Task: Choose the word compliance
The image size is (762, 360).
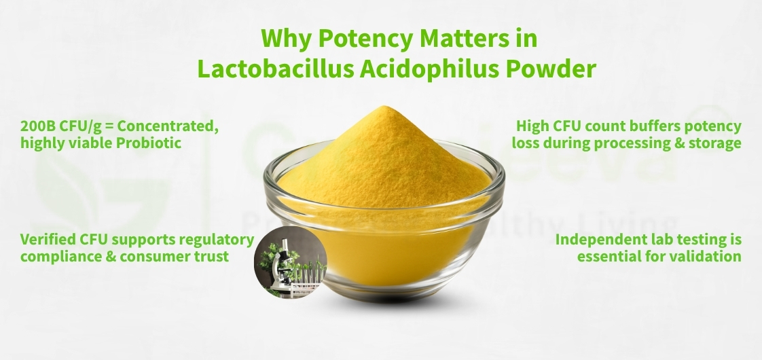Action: coord(57,257)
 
